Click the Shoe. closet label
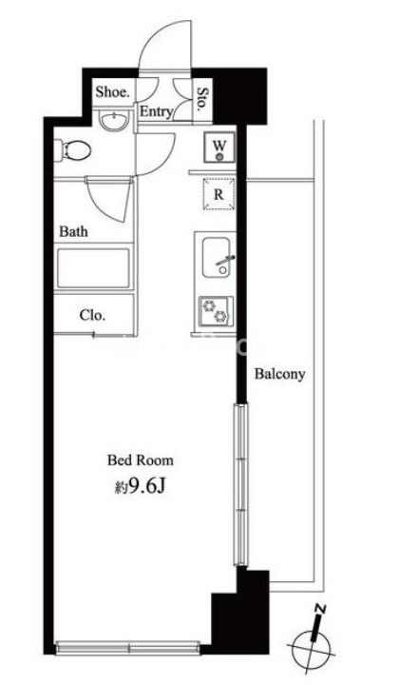pos(113,91)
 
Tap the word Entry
pos(156,112)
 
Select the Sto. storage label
pos(203,100)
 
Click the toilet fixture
pos(72,150)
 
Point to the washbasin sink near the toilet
pos(114,120)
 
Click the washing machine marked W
pos(219,147)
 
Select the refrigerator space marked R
pos(219,194)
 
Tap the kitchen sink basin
pos(217,257)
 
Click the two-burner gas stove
pos(216,311)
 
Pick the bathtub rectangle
pos(93,268)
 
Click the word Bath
pos(73,231)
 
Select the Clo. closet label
pos(92,315)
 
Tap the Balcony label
pos(279,375)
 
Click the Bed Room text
pos(141,460)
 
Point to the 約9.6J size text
pos(140,487)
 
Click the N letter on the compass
pos(320,609)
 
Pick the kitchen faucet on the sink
pos(225,261)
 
